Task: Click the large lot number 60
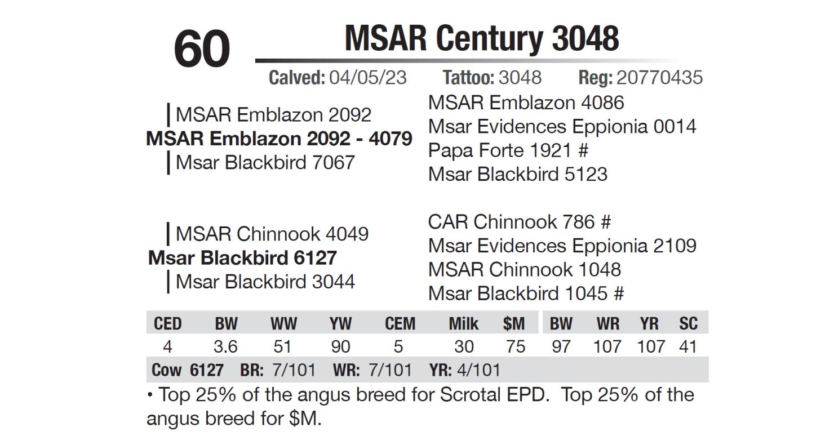click(201, 49)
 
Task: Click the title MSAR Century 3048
click(481, 38)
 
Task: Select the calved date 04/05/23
click(367, 78)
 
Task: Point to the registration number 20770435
click(659, 78)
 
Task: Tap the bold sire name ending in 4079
click(279, 139)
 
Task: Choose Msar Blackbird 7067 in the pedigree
click(265, 162)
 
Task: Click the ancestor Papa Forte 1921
click(508, 150)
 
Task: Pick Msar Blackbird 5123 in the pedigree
click(517, 174)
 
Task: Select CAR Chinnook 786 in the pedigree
click(519, 222)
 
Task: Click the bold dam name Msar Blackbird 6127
click(242, 258)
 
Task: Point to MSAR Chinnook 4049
click(272, 234)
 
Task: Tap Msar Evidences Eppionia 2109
click(562, 246)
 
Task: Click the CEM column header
click(400, 324)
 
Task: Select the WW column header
click(283, 324)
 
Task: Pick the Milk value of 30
click(463, 347)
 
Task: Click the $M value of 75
click(515, 347)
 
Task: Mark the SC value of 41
click(688, 347)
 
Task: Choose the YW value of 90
click(340, 347)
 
